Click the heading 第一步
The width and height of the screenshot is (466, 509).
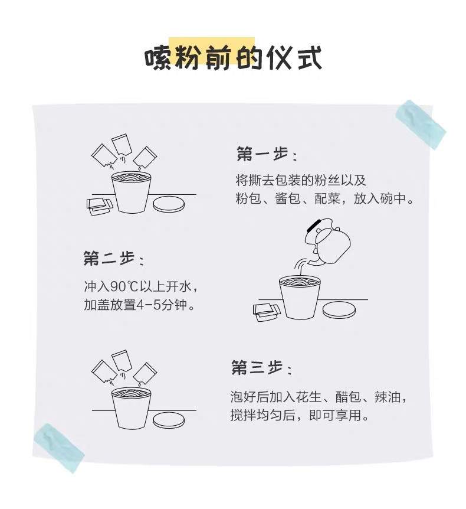pyautogui.click(x=262, y=154)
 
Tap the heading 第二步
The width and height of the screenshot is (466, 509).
pyautogui.click(x=109, y=259)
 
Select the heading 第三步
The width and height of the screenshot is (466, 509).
pyautogui.click(x=257, y=368)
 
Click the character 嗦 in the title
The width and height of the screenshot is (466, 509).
pyautogui.click(x=158, y=58)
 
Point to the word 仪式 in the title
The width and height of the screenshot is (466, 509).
pyautogui.click(x=294, y=57)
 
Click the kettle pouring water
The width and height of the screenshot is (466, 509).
pyautogui.click(x=327, y=243)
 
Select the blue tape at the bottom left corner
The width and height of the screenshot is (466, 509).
pyautogui.click(x=59, y=448)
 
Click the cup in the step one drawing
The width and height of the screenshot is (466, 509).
pyautogui.click(x=132, y=192)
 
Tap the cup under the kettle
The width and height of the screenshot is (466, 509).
pyautogui.click(x=299, y=297)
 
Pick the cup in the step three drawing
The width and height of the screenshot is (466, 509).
pyautogui.click(x=132, y=407)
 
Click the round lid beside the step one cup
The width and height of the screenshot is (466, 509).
pyautogui.click(x=169, y=204)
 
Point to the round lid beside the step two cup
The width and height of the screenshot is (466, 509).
pyautogui.click(x=339, y=310)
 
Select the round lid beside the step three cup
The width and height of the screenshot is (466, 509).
pyautogui.click(x=169, y=420)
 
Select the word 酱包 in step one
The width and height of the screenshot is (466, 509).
pyautogui.click(x=288, y=198)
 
